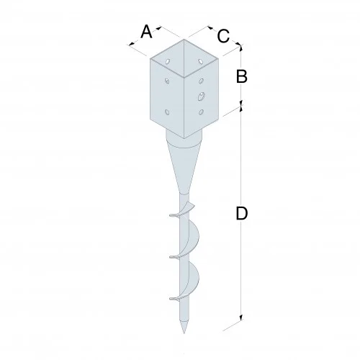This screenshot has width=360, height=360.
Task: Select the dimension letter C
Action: (x=223, y=35)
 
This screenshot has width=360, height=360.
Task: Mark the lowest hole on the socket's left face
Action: (x=168, y=112)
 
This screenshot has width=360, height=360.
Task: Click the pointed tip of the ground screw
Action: (x=185, y=330)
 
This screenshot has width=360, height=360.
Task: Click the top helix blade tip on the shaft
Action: (x=171, y=214)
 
